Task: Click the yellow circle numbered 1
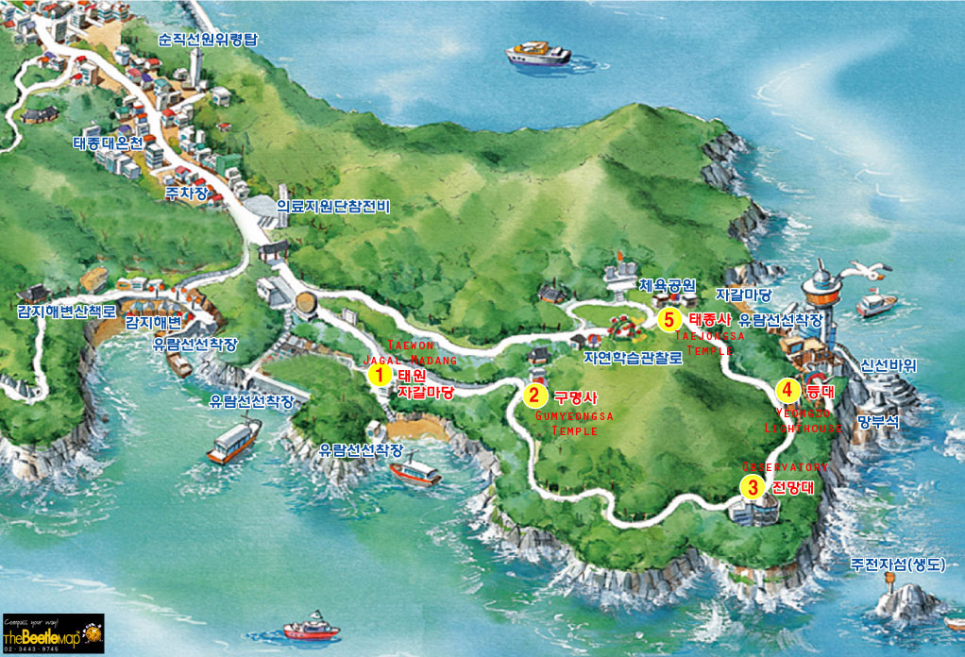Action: tap(379, 375)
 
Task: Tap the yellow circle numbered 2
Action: tap(534, 395)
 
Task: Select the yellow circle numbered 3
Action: tap(752, 487)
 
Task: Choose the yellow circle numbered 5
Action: tap(669, 320)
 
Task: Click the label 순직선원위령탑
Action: tap(207, 40)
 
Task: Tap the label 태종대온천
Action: tap(107, 144)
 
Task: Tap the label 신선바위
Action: tap(889, 365)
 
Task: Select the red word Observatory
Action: tap(784, 467)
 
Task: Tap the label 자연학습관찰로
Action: tap(632, 358)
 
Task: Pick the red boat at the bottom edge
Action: tap(311, 629)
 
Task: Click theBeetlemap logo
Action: tap(52, 634)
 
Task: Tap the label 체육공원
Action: tap(667, 284)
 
